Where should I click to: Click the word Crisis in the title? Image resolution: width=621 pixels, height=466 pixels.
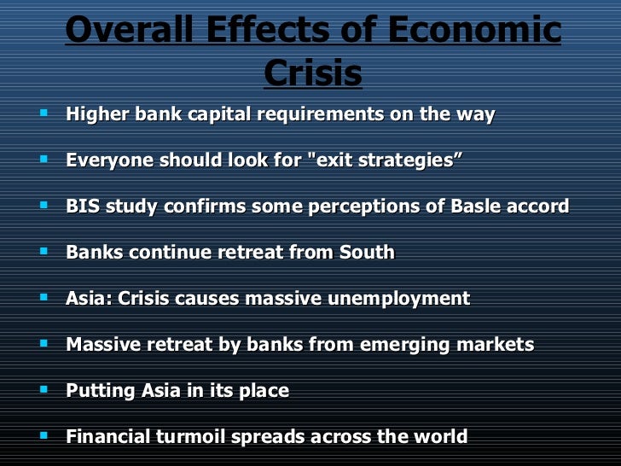coord(313,74)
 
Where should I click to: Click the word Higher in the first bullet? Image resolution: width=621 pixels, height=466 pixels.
coord(98,114)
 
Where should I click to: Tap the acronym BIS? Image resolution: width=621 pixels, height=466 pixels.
coord(83,207)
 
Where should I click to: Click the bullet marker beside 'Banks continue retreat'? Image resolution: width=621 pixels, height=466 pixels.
coord(43,251)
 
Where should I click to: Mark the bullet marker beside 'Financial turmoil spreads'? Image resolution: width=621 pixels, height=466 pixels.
coord(43,435)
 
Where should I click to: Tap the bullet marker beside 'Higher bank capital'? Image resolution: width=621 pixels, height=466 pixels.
coord(43,113)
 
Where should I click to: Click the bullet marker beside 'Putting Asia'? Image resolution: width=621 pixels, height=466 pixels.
coord(43,389)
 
